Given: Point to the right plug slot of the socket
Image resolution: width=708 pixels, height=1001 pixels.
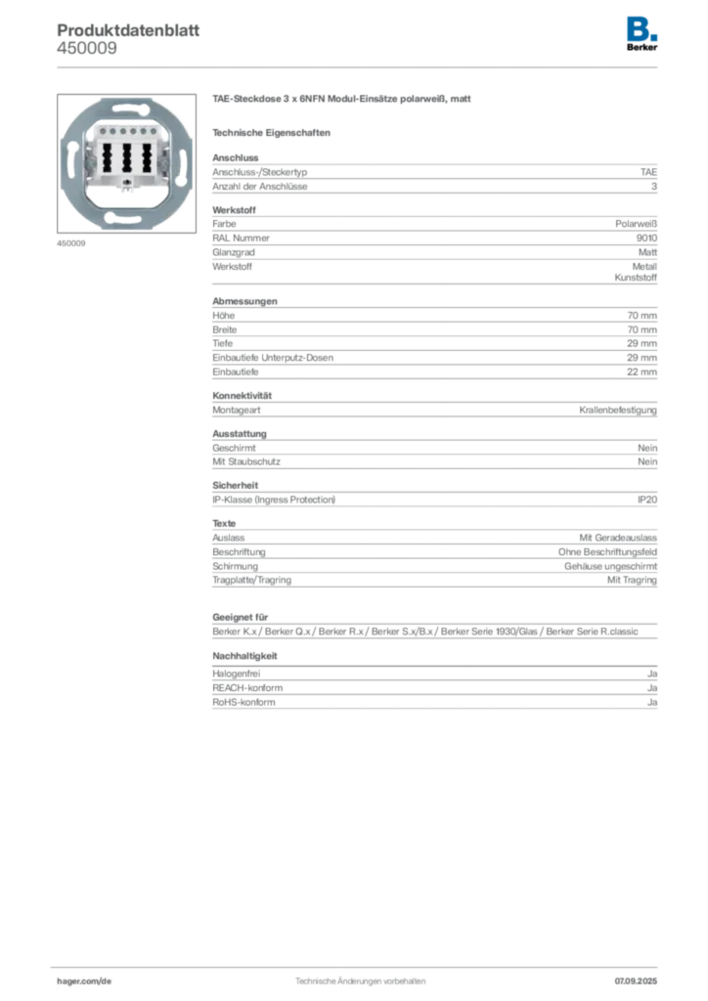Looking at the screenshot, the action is [146, 156].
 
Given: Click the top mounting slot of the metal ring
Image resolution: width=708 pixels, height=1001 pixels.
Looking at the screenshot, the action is [127, 108].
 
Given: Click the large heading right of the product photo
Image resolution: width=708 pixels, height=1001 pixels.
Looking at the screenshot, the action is [343, 102].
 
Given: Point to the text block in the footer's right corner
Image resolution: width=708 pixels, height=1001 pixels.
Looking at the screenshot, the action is [640, 975].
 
